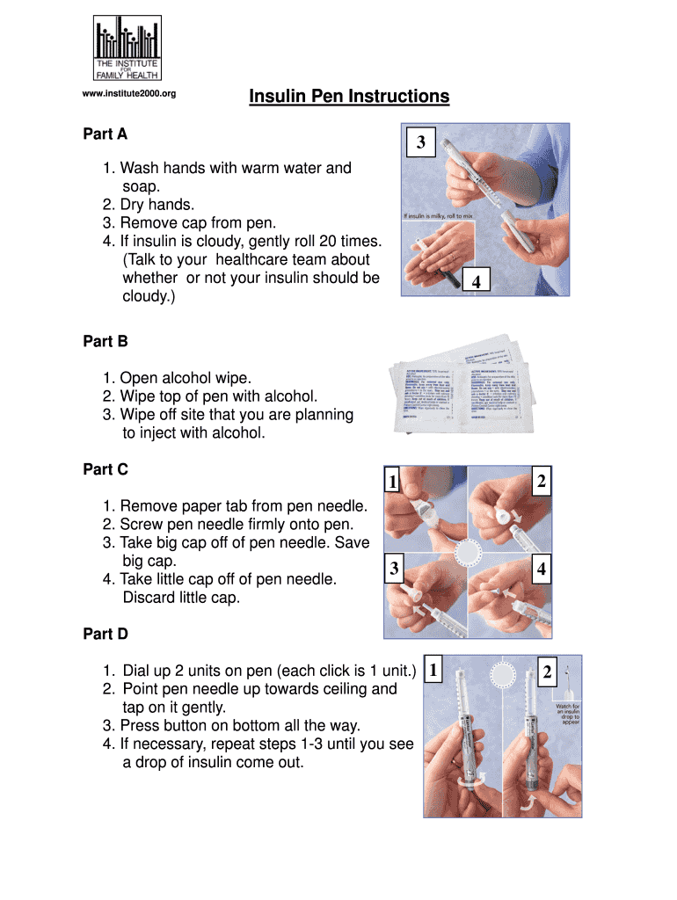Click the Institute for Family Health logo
(127, 48)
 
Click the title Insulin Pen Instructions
(349, 96)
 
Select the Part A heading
(106, 134)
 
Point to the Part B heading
(106, 341)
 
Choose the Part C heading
(106, 469)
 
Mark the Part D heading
(106, 634)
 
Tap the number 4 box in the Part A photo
(476, 281)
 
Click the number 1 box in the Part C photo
(393, 481)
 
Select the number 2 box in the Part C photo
(542, 481)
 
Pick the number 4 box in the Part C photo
(542, 570)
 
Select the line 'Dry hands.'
(157, 205)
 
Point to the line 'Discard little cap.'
(181, 598)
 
